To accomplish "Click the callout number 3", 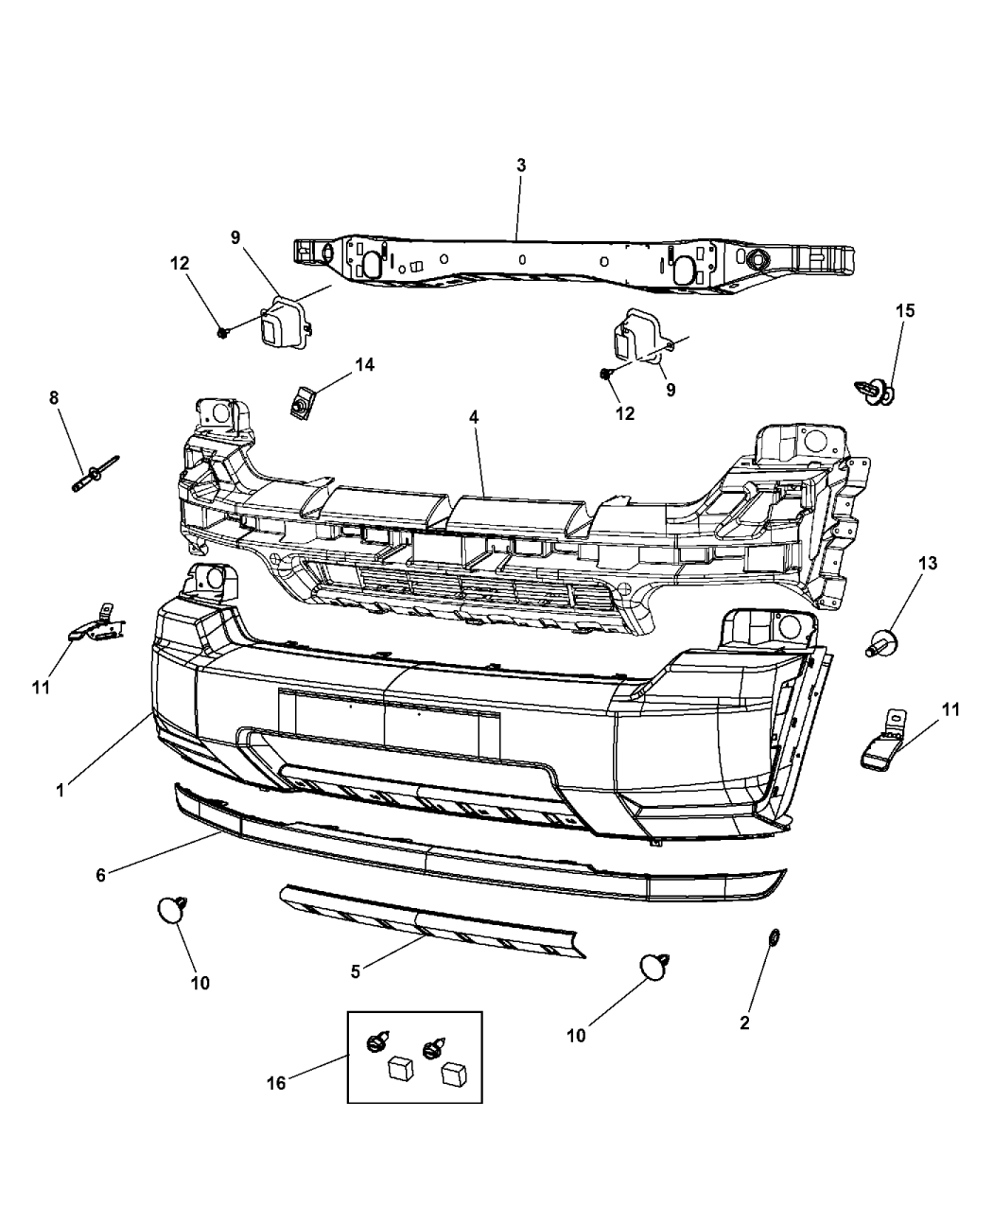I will tap(521, 166).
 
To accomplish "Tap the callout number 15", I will tap(905, 310).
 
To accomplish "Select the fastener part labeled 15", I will tap(877, 391).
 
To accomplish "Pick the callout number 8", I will tap(54, 398).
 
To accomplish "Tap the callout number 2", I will tap(744, 1023).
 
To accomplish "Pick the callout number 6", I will tap(101, 875).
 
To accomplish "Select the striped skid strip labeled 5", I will tap(430, 921).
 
